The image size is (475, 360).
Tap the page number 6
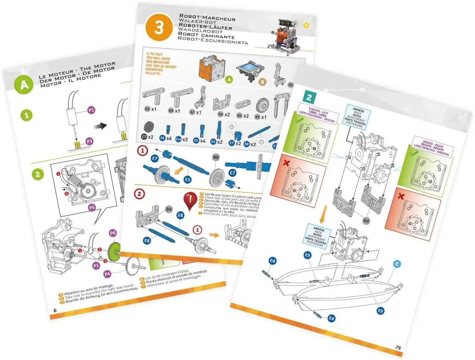pos(55,310)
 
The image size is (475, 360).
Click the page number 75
pos(398,347)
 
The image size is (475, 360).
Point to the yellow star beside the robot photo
pos(306,25)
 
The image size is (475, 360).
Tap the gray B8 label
pos(215,158)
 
